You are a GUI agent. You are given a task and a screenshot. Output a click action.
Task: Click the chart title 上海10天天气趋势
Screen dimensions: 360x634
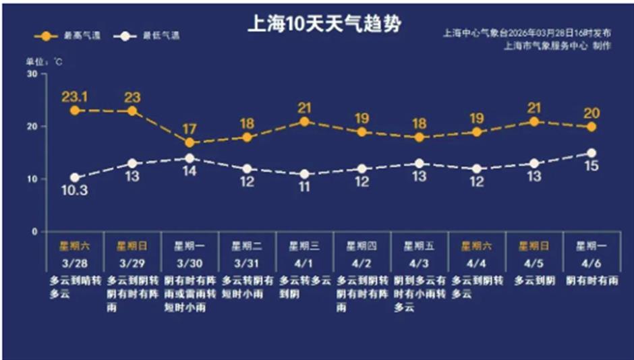(x=325, y=25)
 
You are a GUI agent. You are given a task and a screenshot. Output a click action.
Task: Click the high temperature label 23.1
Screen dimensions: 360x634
(x=74, y=96)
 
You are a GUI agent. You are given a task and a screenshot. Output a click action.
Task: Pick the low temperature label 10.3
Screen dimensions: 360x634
(x=74, y=191)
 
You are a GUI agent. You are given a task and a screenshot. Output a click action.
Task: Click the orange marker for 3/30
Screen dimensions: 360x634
(x=190, y=143)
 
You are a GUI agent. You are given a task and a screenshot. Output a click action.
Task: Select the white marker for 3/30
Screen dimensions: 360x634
(x=190, y=158)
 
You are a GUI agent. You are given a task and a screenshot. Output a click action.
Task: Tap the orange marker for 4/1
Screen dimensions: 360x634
(x=304, y=122)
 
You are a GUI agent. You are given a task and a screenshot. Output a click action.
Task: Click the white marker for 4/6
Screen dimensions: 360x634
(x=591, y=153)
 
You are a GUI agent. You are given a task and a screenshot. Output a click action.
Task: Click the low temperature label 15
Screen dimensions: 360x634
(x=591, y=166)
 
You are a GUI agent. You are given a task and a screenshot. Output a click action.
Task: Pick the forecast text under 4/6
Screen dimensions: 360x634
(x=591, y=280)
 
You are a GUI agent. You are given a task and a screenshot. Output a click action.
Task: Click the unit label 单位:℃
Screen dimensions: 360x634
(x=45, y=61)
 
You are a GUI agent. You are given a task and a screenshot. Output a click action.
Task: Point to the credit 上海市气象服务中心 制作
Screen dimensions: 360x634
(x=557, y=46)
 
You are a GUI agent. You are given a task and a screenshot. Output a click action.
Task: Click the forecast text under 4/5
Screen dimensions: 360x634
(x=534, y=280)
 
